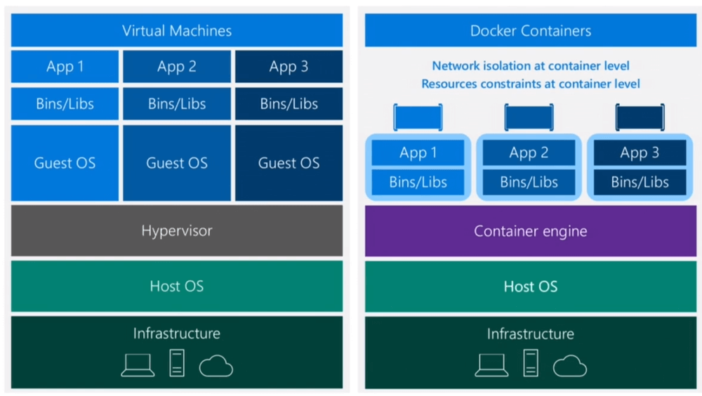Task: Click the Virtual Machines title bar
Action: coord(177,31)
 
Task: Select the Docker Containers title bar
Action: coord(531,31)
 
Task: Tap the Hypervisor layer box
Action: coord(177,230)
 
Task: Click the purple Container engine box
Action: coord(531,231)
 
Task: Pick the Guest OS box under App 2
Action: coord(177,163)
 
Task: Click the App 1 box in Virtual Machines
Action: coord(65,67)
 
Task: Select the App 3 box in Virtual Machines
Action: coord(289,67)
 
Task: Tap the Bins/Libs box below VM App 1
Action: coord(65,104)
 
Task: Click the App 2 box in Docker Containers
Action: coord(529,153)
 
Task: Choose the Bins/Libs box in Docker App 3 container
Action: coord(640,183)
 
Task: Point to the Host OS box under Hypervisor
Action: coord(177,286)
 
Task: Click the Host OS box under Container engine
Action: coord(531,286)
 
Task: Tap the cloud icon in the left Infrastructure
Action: coord(216,365)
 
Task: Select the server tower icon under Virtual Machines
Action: coord(177,363)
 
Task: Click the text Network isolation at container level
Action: coord(531,66)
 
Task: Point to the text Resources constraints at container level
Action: coord(531,84)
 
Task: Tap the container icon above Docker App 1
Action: coord(418,117)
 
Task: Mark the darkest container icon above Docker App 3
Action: coord(640,117)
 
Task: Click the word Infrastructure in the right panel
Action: coord(531,334)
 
